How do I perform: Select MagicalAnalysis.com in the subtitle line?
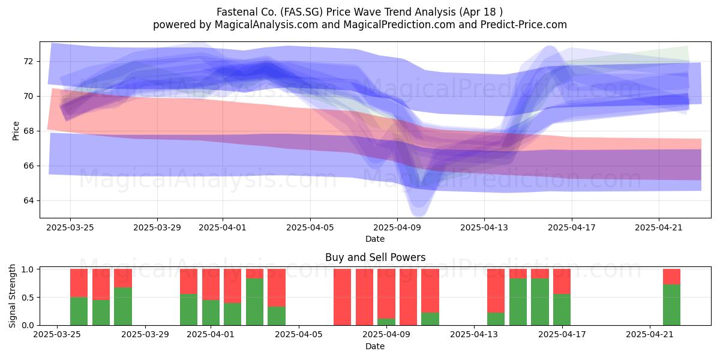266,25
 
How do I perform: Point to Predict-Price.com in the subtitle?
524,25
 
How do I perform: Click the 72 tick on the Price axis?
28,61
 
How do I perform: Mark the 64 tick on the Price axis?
28,200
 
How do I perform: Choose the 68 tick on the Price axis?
28,131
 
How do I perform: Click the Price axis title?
16,131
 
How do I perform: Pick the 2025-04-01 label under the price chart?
223,227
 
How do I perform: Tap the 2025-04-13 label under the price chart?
484,227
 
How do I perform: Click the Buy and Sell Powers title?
375,257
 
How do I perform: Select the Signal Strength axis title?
12,296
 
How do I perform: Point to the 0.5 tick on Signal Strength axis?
28,298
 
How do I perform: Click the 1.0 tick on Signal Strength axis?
28,269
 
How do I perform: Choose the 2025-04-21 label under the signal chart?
650,335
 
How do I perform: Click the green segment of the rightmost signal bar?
671,305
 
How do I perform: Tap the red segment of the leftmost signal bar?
79,283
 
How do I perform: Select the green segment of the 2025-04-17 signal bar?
562,310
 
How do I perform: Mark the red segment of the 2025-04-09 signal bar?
386,293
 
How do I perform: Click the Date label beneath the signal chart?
375,346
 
